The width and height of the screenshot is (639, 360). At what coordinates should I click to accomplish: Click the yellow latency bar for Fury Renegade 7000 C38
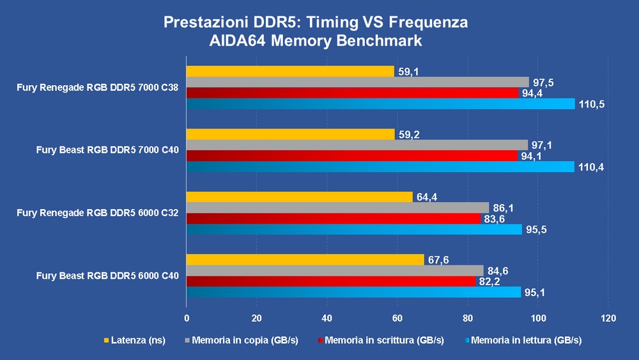click(x=290, y=72)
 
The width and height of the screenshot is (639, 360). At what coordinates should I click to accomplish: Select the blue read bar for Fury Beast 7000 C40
click(x=380, y=166)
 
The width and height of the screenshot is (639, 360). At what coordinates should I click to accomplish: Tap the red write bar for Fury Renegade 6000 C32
click(x=333, y=218)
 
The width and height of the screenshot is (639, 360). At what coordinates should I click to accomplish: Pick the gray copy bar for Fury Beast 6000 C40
click(x=335, y=270)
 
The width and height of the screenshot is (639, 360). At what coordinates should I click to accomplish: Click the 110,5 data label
click(x=592, y=104)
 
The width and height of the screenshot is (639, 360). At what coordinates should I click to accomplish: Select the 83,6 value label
click(x=495, y=219)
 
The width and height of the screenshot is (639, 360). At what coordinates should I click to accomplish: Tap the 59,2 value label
click(x=408, y=134)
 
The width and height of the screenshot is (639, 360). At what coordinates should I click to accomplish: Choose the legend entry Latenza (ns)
click(x=138, y=340)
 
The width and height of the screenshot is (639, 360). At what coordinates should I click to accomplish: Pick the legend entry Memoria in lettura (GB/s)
click(x=523, y=340)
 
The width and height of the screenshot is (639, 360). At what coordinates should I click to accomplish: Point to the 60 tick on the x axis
click(x=397, y=318)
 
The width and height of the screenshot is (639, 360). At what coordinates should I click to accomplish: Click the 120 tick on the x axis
click(x=608, y=318)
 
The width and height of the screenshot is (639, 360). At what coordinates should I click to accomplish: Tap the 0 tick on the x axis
click(x=187, y=318)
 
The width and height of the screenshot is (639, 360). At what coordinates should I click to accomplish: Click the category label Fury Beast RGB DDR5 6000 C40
click(x=107, y=276)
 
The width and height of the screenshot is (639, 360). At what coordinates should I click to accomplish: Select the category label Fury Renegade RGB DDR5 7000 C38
click(x=98, y=88)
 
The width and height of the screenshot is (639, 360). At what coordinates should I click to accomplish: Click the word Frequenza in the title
click(x=424, y=22)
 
